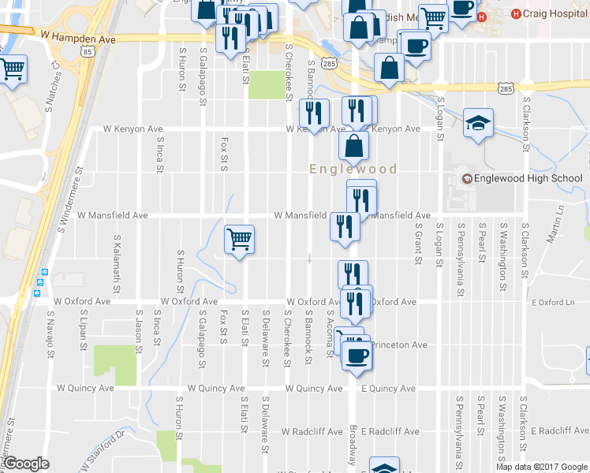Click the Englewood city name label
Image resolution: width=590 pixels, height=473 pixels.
[x=353, y=169]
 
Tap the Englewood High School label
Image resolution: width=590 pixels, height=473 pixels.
[x=528, y=179]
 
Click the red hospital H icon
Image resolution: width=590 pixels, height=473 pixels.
[x=517, y=13]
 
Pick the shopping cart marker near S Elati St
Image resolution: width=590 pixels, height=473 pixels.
[x=239, y=238]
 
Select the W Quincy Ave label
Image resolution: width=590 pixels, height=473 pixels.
[x=86, y=388]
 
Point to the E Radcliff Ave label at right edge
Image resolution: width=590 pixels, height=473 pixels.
[x=560, y=431]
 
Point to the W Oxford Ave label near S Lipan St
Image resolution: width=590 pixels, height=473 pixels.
[x=80, y=301]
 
